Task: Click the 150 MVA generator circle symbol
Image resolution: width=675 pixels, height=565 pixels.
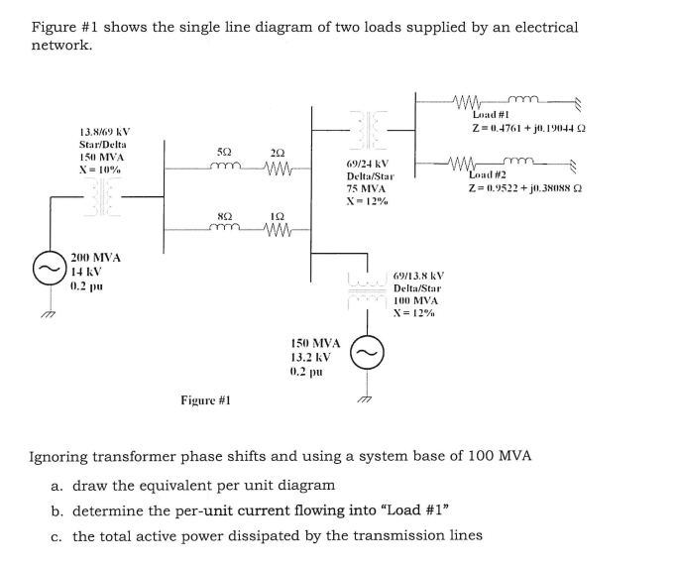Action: [x=368, y=353]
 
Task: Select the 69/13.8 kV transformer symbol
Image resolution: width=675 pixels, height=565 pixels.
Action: [x=368, y=283]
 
